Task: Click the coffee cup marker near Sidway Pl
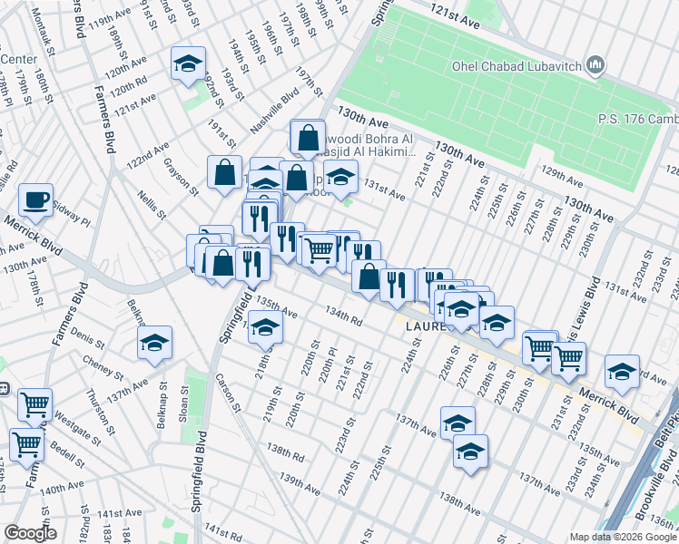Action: tap(35, 200)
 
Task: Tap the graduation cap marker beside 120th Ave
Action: tap(188, 64)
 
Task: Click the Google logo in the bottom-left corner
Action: tap(30, 533)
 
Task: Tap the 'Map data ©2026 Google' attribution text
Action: tap(623, 537)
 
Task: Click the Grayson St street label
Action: tap(181, 177)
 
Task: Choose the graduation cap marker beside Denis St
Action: tap(154, 343)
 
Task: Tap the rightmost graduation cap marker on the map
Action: tap(622, 372)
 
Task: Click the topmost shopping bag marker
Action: tap(309, 138)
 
